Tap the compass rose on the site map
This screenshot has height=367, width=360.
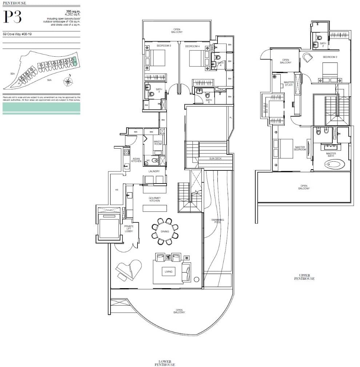(x=68, y=81)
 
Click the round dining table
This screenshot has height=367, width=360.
(x=165, y=231)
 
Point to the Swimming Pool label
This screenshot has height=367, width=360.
(x=218, y=221)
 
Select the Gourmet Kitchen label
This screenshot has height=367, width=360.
(x=155, y=199)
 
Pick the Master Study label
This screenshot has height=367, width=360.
(x=289, y=84)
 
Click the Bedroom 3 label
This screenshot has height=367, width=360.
(x=164, y=46)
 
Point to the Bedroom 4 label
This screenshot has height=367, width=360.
(x=192, y=46)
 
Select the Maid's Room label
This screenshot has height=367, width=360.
(x=157, y=142)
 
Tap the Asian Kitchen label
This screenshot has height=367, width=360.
(x=136, y=160)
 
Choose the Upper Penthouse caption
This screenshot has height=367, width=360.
(x=304, y=277)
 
